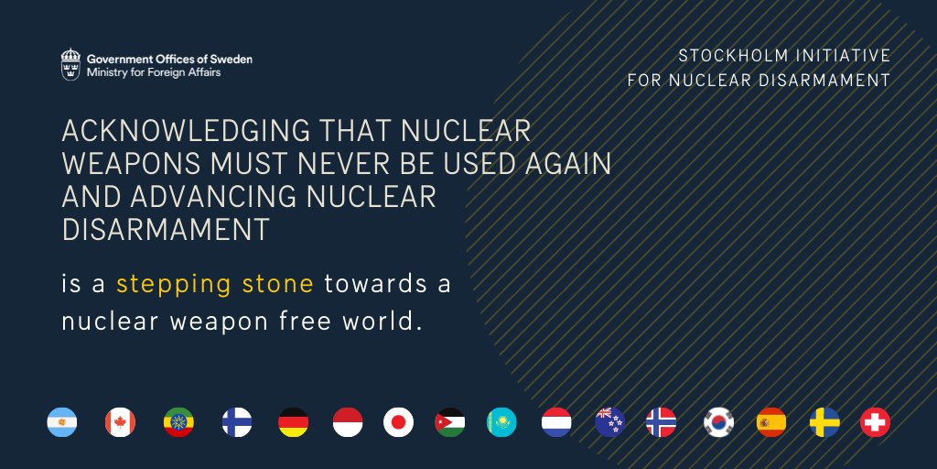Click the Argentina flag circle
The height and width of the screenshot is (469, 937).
62,422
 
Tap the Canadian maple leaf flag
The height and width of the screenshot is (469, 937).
121,422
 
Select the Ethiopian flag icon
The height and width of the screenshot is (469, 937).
178,422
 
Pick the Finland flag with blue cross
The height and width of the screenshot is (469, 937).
236,422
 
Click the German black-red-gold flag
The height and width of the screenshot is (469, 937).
294,422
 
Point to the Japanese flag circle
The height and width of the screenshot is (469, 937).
399,422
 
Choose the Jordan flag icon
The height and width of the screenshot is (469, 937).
450,422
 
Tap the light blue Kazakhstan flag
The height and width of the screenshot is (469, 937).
502,422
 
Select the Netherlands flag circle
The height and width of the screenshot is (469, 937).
557,422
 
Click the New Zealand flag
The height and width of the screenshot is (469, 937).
610,422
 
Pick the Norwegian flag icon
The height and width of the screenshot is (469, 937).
662,422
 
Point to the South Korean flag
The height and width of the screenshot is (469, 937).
719,422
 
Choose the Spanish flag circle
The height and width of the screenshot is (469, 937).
771,422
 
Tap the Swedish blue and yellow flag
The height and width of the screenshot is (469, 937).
824,422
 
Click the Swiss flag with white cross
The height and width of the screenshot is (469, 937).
876,422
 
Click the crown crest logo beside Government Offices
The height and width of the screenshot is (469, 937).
70,64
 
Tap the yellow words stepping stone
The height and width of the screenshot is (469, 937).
215,284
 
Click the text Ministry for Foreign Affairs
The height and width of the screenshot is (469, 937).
154,72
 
